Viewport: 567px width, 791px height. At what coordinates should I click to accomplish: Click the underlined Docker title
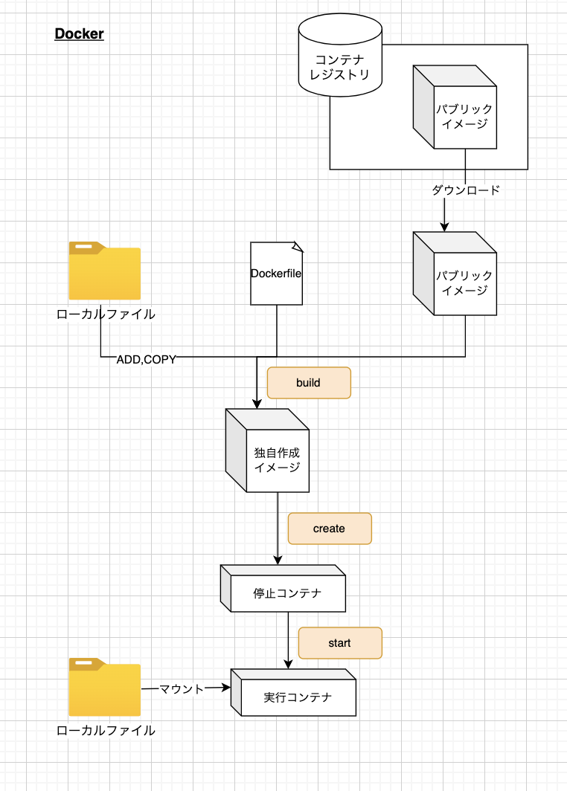coord(79,34)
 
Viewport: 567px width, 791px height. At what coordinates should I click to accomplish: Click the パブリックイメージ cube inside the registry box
coord(455,107)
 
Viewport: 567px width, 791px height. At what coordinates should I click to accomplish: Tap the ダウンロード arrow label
coord(466,190)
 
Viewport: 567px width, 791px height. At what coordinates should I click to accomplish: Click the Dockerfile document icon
coord(277,273)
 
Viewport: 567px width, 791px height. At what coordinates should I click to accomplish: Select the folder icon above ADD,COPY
coord(105,271)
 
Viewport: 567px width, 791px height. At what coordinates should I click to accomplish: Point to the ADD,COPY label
coord(147,360)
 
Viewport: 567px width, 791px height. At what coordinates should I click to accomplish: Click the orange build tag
coord(308,383)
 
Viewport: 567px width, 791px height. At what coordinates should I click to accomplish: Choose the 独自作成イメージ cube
coord(267,451)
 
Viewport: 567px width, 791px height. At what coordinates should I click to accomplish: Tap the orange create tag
coord(329,529)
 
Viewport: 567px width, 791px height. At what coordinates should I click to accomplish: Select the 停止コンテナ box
coord(283,589)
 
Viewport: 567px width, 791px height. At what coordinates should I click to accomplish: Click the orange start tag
coord(339,643)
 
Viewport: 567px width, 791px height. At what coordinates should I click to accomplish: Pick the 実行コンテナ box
coord(294,693)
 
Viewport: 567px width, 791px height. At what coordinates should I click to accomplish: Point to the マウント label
coord(182,689)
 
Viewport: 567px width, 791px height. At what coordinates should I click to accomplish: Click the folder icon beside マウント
coord(105,687)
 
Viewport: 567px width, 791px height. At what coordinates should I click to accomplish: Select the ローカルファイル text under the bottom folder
coord(106,731)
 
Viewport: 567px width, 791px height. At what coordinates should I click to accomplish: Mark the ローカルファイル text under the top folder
coord(106,314)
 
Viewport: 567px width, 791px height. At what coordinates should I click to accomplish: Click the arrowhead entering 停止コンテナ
coord(278,560)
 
